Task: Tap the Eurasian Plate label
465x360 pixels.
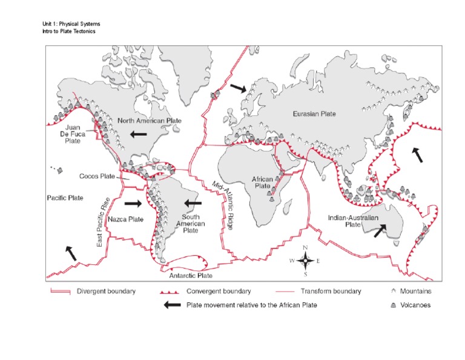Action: click(314, 113)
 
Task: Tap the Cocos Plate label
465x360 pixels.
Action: click(97, 176)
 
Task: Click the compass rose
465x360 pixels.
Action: click(306, 261)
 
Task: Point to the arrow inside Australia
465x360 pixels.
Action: click(381, 230)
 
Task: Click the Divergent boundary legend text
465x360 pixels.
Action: click(106, 291)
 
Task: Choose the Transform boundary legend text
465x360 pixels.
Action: click(331, 291)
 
